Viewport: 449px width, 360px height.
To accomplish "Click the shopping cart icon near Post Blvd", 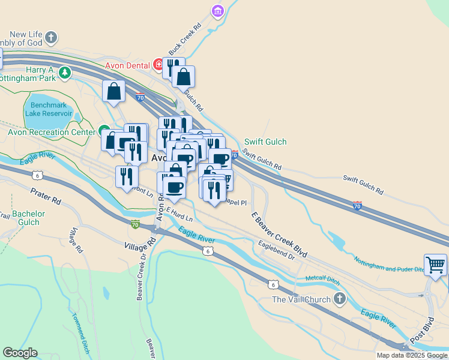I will [435, 265].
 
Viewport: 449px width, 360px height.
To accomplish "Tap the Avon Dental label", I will [129, 65].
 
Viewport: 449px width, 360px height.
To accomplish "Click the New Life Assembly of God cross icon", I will [51, 37].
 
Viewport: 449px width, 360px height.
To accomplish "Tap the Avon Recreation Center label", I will [52, 132].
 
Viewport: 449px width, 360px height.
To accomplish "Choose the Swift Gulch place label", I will [265, 142].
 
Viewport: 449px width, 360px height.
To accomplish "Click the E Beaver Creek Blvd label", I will [279, 235].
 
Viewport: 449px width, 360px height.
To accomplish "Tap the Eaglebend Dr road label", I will [276, 250].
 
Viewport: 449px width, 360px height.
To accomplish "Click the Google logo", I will [20, 353].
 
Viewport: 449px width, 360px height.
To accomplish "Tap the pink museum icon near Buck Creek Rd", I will [217, 10].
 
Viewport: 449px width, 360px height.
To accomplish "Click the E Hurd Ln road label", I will [179, 214].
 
